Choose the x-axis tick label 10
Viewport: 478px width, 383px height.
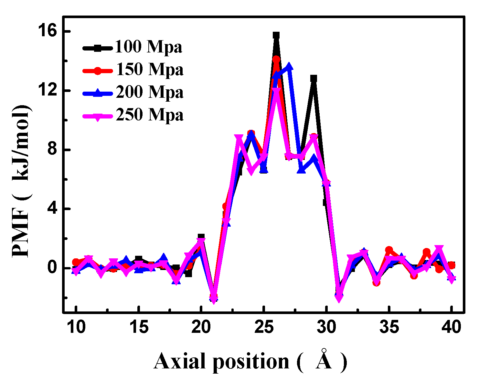[x=76, y=327]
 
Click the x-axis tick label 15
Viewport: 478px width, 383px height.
[x=139, y=327]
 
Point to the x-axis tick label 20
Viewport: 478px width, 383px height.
[x=201, y=327]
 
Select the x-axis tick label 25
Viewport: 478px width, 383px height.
[x=264, y=327]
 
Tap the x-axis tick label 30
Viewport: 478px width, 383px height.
[x=326, y=327]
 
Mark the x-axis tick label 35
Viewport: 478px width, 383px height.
[x=389, y=327]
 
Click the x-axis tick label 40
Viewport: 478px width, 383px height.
[x=452, y=327]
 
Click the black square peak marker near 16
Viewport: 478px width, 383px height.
[x=276, y=35]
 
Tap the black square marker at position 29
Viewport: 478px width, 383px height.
[x=313, y=78]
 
